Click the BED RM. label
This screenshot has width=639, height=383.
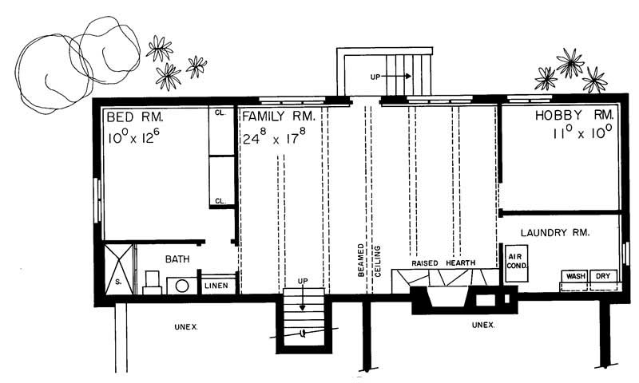(x=133, y=118)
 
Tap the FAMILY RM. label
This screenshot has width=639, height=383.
(x=279, y=118)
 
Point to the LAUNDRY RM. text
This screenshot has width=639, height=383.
(x=555, y=233)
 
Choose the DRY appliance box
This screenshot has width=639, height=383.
(x=605, y=276)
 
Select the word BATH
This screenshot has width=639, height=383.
(x=177, y=259)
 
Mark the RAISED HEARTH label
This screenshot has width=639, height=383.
(x=444, y=263)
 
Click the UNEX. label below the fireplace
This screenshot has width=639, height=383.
(x=482, y=325)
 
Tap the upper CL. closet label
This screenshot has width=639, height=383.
(x=220, y=113)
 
